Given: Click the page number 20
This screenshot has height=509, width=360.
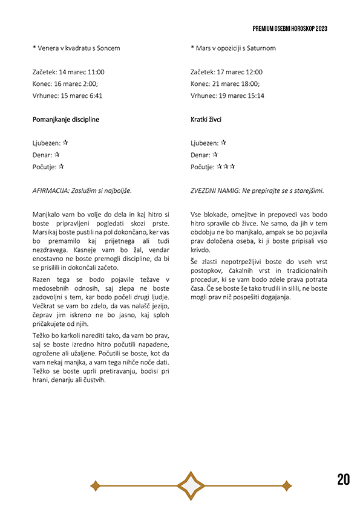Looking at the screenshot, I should (343, 480).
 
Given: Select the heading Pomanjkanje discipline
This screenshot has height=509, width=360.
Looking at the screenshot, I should (65, 120).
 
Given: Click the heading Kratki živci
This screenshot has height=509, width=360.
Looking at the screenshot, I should (206, 120).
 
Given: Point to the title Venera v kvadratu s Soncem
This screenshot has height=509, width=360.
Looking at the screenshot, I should (76, 48).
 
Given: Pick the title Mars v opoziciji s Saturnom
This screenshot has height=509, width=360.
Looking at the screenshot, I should (233, 48).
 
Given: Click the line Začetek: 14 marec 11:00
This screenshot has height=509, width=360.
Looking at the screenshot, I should (68, 72).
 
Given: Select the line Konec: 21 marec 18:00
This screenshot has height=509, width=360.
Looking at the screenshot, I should (225, 84).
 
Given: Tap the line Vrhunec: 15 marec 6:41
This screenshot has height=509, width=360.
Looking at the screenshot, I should (67, 96).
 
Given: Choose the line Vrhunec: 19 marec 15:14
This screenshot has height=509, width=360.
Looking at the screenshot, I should (227, 96).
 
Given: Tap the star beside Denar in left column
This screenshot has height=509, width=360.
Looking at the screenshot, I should (57, 155).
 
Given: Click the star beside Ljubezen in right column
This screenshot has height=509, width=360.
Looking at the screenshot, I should (223, 143).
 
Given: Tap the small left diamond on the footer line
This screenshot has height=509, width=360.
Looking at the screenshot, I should (95, 485).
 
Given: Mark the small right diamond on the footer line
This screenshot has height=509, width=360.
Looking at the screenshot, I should (287, 485).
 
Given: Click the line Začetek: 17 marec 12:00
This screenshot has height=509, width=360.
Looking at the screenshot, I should (226, 72).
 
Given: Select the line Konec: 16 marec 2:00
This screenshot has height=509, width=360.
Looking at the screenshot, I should (65, 84).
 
